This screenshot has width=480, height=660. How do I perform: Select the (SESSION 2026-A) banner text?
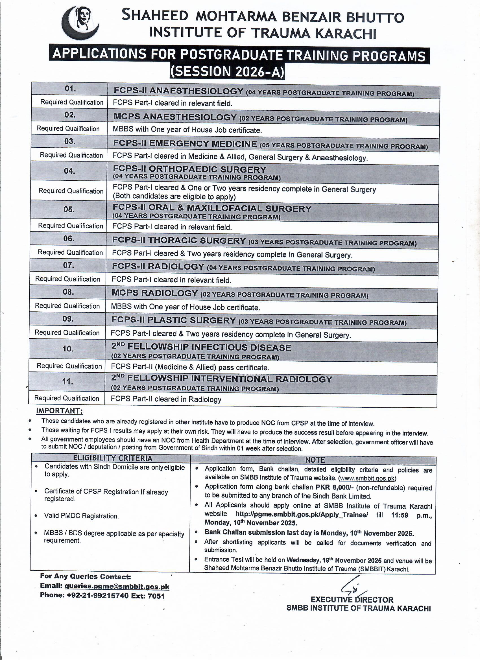pos(227,72)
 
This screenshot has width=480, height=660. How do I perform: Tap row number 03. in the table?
pos(69,142)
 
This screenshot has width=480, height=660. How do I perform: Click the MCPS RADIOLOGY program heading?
pos(154,293)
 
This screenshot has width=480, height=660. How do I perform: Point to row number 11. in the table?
pos(67,381)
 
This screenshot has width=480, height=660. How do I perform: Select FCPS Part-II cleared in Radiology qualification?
pos(166,399)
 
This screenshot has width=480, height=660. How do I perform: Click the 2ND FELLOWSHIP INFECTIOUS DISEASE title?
pos(201,348)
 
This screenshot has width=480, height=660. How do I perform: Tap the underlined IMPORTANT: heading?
pos(59,411)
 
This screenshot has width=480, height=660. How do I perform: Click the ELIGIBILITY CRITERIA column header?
pos(113,458)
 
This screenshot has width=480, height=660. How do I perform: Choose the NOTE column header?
pos(315,460)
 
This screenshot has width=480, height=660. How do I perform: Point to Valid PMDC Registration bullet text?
pos(81,516)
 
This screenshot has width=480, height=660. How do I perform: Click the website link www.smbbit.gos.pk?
pos(367,478)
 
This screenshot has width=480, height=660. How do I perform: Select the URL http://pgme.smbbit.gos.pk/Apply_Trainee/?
pos(302,515)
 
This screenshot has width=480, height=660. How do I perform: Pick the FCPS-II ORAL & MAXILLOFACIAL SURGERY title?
pos(212,208)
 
